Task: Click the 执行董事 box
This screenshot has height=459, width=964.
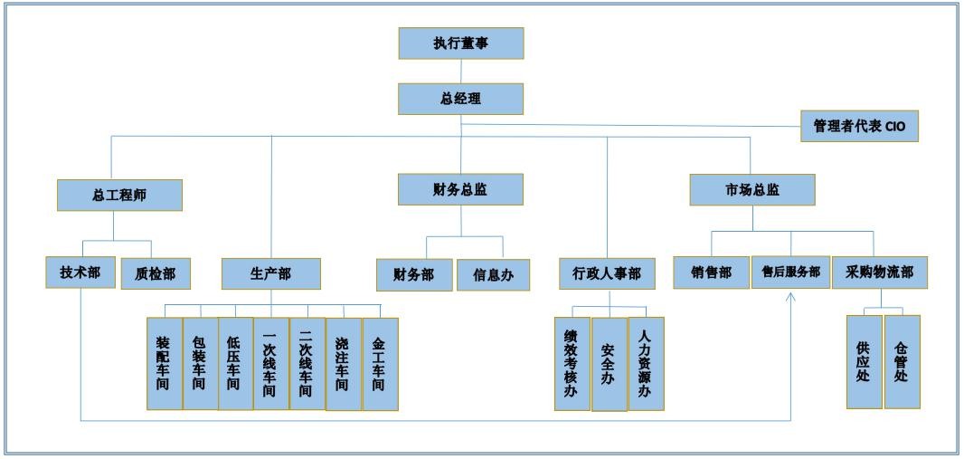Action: click(x=461, y=43)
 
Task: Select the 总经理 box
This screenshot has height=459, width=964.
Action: click(x=461, y=99)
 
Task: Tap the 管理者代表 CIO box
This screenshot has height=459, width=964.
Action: click(x=859, y=127)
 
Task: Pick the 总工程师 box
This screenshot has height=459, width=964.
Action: click(x=119, y=195)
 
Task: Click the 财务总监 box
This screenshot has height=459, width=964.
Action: click(x=461, y=189)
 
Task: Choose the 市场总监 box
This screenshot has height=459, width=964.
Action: click(x=752, y=190)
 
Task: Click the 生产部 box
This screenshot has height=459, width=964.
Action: click(x=270, y=273)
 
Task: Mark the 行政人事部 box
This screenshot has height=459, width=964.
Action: click(x=607, y=273)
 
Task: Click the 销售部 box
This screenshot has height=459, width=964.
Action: click(x=711, y=273)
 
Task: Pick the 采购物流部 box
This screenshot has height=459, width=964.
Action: click(x=880, y=272)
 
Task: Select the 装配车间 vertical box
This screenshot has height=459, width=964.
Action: click(x=164, y=363)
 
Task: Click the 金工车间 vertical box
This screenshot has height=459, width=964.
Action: click(x=380, y=363)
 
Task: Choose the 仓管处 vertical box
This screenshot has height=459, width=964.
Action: click(x=902, y=361)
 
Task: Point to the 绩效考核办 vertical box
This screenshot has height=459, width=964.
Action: click(x=572, y=363)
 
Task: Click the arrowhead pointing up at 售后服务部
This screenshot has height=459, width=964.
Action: click(x=791, y=297)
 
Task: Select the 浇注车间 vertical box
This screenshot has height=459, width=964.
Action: click(x=343, y=363)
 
